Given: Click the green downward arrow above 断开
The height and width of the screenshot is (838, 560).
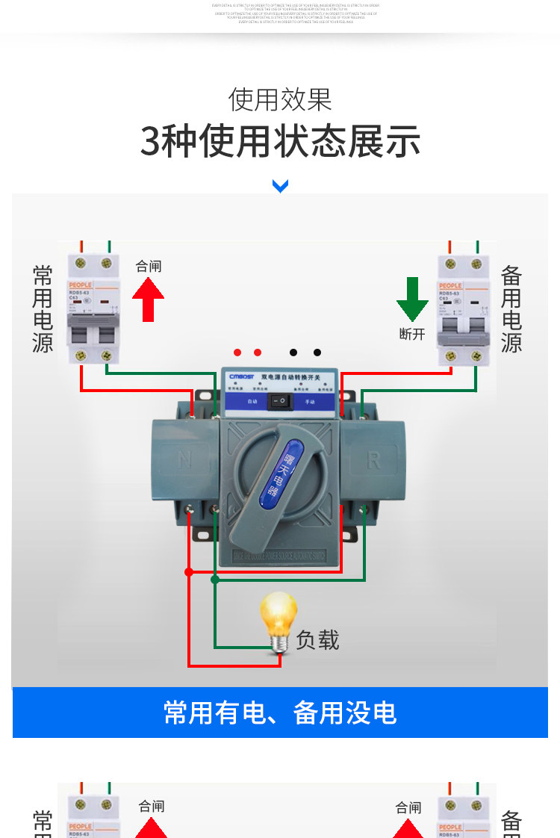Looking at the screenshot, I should (x=412, y=299).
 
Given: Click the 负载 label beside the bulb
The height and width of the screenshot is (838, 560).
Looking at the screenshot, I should (x=317, y=640).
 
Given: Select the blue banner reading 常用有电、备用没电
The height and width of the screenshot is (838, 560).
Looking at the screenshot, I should (x=280, y=713).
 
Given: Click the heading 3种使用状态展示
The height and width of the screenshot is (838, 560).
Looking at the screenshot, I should (x=280, y=142).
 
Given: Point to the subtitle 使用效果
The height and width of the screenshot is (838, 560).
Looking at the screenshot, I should (x=280, y=99).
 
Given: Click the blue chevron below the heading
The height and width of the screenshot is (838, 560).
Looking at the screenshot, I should (x=280, y=186).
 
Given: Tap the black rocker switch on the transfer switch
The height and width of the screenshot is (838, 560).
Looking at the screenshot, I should (x=280, y=402).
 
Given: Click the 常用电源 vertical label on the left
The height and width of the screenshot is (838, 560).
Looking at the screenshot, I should (x=43, y=308).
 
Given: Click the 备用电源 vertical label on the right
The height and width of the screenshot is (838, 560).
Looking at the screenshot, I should (x=511, y=308).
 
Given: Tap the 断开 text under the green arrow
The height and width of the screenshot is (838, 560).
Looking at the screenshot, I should (x=412, y=334).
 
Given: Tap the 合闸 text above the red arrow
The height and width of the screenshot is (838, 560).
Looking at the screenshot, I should (x=148, y=266).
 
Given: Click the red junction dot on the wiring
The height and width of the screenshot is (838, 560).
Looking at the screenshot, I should (x=189, y=572).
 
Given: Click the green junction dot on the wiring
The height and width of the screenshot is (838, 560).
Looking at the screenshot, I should (x=215, y=580).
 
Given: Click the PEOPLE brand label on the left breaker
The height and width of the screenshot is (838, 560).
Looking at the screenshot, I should (x=80, y=285).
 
